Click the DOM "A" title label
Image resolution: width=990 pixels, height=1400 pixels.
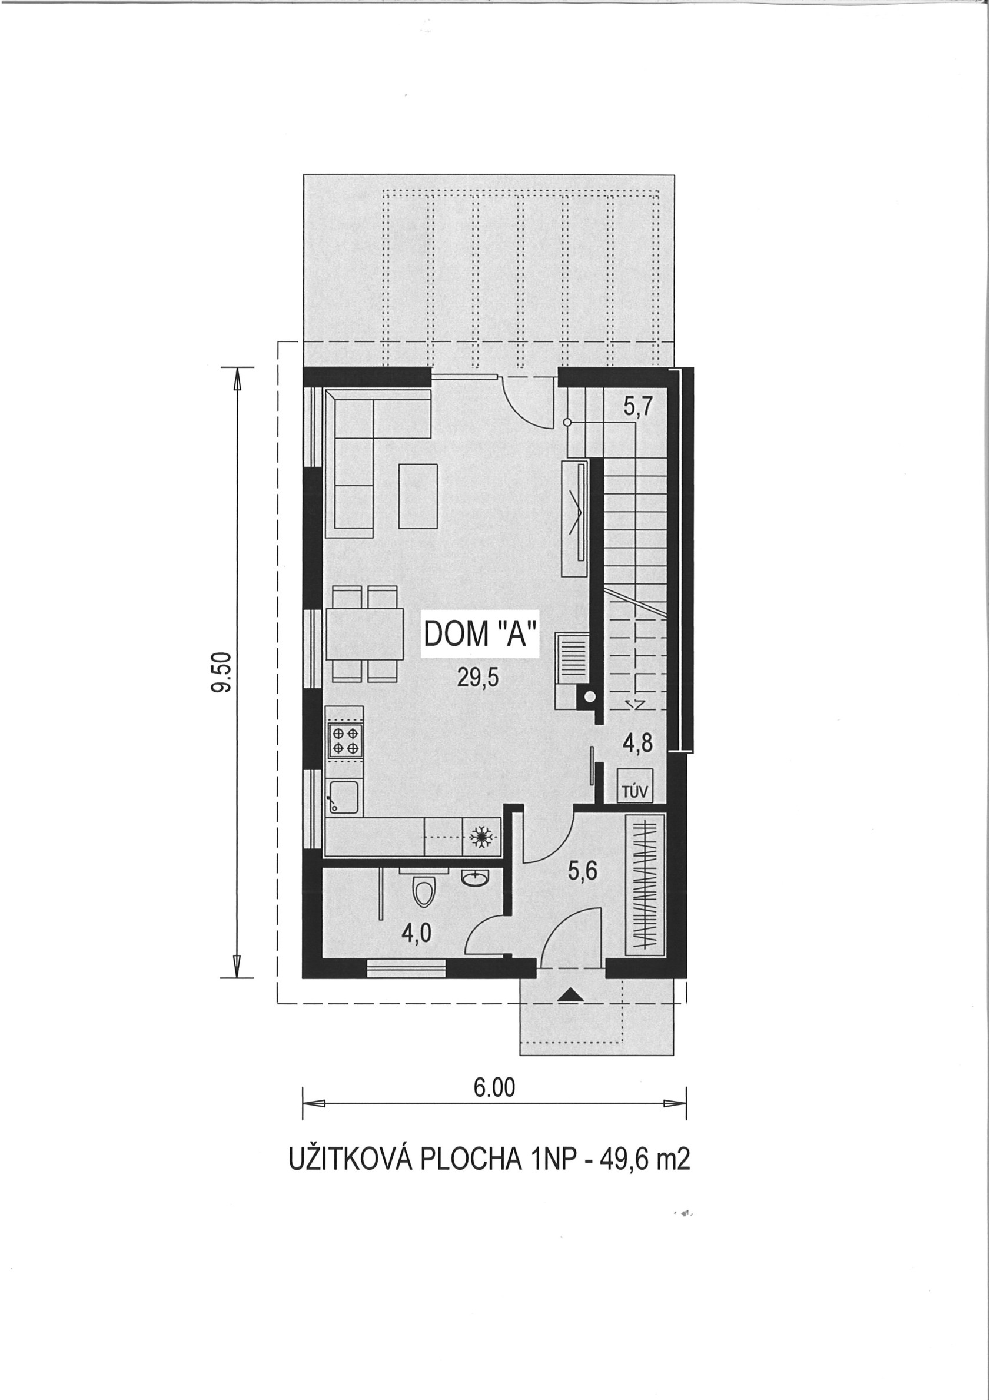pyautogui.click(x=481, y=635)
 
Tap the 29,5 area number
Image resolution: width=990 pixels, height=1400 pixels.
pyautogui.click(x=479, y=677)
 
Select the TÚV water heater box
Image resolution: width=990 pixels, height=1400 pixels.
pyautogui.click(x=634, y=785)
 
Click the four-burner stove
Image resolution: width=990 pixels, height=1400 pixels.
pyautogui.click(x=344, y=740)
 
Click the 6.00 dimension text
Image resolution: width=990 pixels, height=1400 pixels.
pyautogui.click(x=494, y=1087)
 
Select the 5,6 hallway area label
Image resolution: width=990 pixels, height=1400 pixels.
pyautogui.click(x=583, y=871)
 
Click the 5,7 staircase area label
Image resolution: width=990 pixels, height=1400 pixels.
pyautogui.click(x=637, y=406)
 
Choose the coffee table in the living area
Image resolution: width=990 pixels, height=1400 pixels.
pyautogui.click(x=417, y=496)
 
